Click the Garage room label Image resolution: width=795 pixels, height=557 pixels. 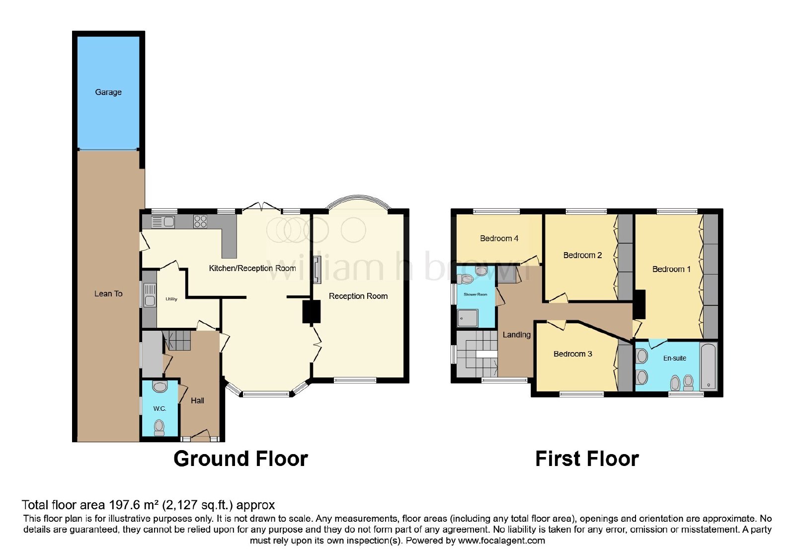(x=108, y=93)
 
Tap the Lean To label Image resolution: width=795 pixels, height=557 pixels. (x=108, y=294)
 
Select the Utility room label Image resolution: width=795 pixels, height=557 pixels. (x=171, y=299)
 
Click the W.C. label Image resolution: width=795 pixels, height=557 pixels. (x=159, y=408)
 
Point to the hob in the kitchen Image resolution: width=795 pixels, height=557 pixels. (x=200, y=222)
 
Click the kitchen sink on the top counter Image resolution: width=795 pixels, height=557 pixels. (x=163, y=222)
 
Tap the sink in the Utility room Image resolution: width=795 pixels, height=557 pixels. (x=150, y=294)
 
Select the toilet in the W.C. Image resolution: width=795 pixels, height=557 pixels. (x=159, y=428)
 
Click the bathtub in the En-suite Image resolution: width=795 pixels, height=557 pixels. (x=709, y=366)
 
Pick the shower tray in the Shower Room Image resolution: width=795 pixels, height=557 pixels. (x=468, y=318)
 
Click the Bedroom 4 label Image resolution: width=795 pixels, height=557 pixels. (x=499, y=238)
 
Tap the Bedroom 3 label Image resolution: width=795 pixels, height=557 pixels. (x=573, y=354)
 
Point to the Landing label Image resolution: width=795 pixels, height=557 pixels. (x=516, y=335)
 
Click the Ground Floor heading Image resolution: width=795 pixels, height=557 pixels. (x=240, y=459)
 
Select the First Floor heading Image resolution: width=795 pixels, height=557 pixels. (x=587, y=459)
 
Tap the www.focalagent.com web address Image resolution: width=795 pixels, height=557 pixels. (x=501, y=541)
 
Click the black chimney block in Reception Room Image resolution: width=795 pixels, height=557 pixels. (x=311, y=311)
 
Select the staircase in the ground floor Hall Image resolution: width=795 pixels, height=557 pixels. (x=177, y=340)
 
